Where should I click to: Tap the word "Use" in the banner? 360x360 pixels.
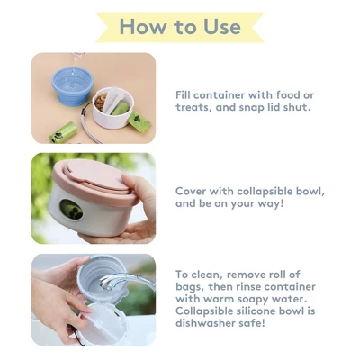coord(222,27)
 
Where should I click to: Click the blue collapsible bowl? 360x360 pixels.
coord(71,85)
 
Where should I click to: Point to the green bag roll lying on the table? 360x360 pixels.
coord(63,132)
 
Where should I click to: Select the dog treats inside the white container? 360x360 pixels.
coord(101,101)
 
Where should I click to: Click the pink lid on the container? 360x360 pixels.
coord(95,179)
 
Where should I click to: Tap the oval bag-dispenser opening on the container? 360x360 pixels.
coord(71,210)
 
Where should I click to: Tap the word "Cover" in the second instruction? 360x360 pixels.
coord(191,191)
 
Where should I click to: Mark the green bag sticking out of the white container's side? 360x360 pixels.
coord(139,122)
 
